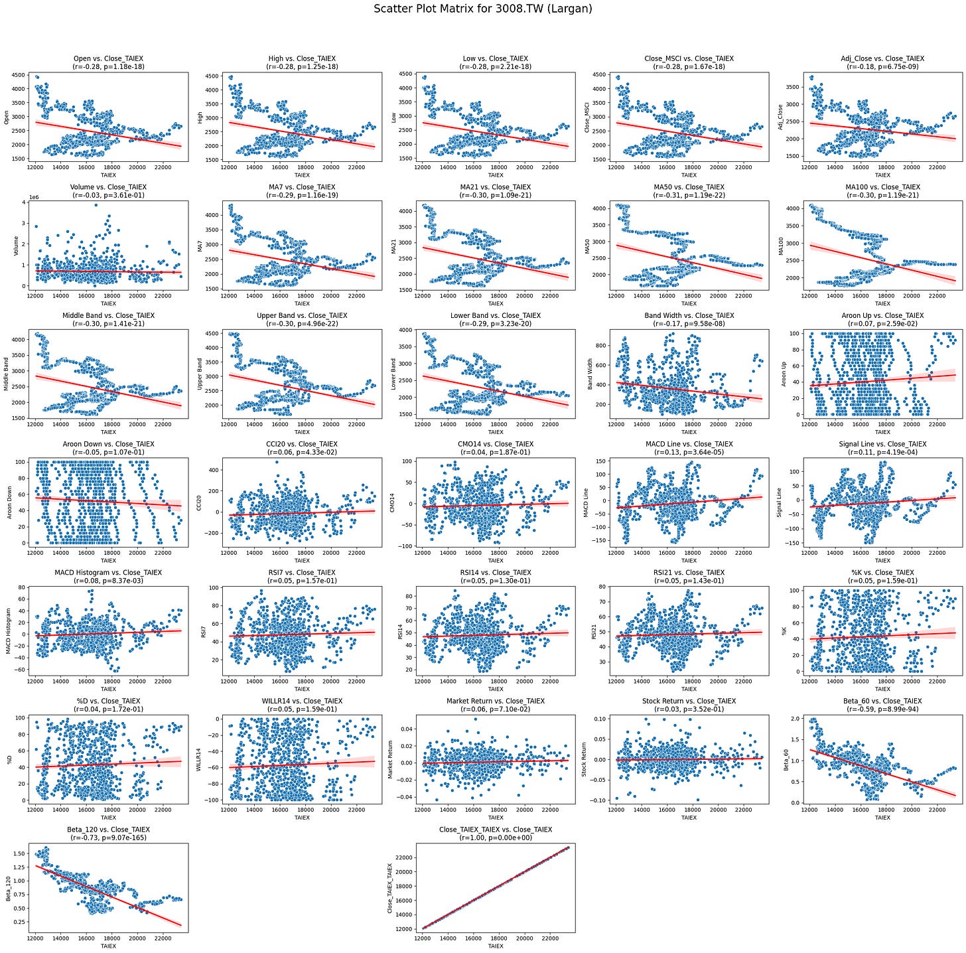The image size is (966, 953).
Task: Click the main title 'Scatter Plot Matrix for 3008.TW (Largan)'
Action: [x=483, y=9]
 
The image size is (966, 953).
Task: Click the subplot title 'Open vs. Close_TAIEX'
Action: [x=108, y=58]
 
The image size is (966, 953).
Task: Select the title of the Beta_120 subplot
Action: [x=108, y=830]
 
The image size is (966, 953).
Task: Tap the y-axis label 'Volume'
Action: [x=16, y=246]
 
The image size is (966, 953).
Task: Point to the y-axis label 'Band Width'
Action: [x=590, y=374]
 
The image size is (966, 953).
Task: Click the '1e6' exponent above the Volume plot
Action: [x=34, y=198]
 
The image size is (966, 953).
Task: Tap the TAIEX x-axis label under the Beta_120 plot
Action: [x=108, y=946]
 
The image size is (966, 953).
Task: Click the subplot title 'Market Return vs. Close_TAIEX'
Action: [x=496, y=701]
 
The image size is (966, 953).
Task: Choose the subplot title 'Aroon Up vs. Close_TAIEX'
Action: [x=882, y=315]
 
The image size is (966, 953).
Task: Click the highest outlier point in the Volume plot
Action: [x=96, y=204]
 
